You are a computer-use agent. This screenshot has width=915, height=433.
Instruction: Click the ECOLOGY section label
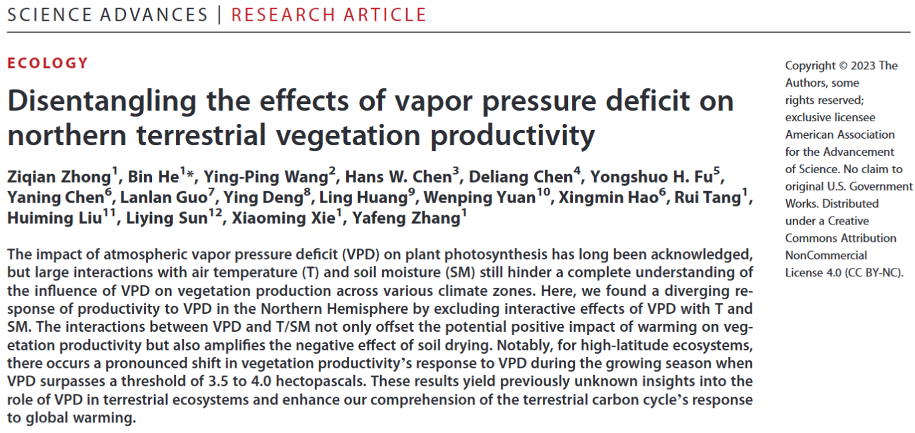pyautogui.click(x=47, y=64)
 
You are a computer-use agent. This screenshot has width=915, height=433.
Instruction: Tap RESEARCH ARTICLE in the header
pyautogui.click(x=329, y=15)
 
